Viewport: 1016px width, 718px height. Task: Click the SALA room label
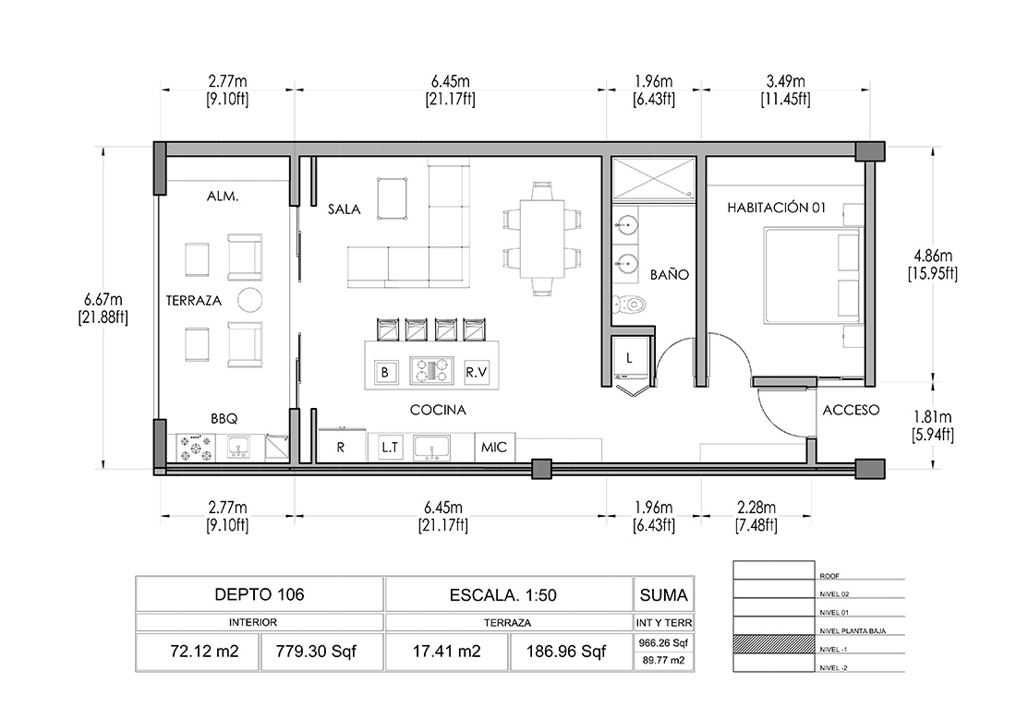click(x=345, y=209)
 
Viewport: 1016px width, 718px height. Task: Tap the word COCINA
click(x=438, y=410)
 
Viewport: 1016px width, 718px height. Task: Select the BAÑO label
click(x=670, y=274)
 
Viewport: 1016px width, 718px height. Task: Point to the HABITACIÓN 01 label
click(x=776, y=208)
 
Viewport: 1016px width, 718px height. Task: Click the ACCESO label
click(x=851, y=410)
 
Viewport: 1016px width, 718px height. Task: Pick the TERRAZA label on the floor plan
click(x=194, y=301)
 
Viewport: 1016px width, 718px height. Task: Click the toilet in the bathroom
click(x=628, y=303)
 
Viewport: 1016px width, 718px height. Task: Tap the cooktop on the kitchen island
click(x=431, y=371)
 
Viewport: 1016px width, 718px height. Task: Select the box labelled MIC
click(x=494, y=448)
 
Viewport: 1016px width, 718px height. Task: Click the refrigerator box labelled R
click(x=342, y=447)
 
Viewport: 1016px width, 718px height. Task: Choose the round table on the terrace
click(x=249, y=300)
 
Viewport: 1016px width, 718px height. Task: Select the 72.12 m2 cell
click(x=204, y=652)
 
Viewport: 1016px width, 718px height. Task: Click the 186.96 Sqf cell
click(x=566, y=652)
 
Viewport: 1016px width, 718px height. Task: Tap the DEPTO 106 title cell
click(x=260, y=594)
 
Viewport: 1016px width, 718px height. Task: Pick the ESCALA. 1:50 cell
click(x=502, y=595)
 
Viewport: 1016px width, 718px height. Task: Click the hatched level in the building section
click(x=774, y=644)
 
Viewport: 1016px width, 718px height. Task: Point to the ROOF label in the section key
click(x=829, y=576)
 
